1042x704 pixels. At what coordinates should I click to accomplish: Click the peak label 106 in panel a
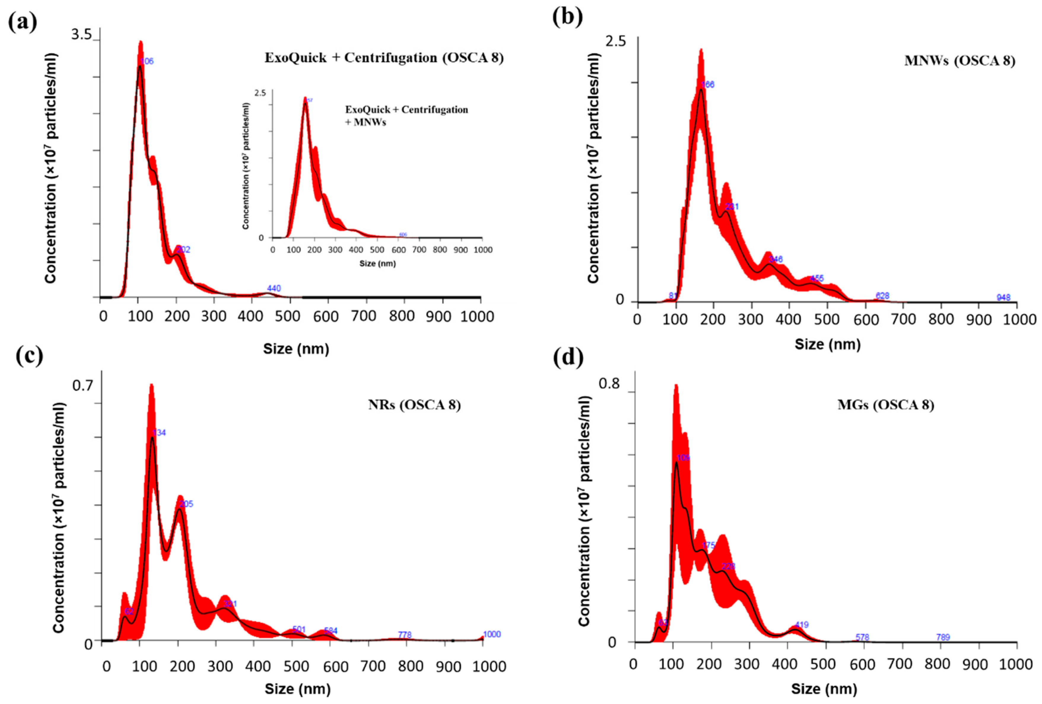tap(147, 61)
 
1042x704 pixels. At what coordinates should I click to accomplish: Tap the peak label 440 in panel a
tap(274, 288)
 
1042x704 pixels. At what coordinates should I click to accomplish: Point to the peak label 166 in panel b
tap(708, 85)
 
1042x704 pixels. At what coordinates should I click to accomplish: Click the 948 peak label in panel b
tap(1003, 297)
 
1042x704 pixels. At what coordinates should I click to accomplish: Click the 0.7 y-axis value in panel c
tap(82, 386)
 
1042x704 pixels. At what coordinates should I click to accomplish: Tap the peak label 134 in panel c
tap(159, 433)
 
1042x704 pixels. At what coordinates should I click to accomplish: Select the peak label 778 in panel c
tap(404, 635)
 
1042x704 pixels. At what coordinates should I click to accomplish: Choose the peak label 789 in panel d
tap(943, 637)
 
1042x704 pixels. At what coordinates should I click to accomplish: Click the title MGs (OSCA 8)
tap(886, 405)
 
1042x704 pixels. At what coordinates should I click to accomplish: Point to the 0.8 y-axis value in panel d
tap(609, 384)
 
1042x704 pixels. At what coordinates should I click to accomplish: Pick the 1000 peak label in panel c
tap(492, 634)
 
